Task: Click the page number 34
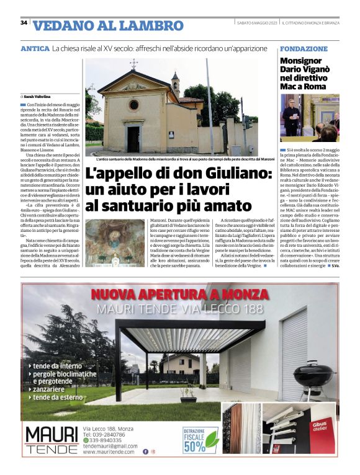pos(24,22)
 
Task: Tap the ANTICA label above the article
pos(35,48)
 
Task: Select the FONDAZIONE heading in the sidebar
pos(304,48)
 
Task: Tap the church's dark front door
pos(133,139)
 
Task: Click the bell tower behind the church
pos(175,87)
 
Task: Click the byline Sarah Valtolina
pos(37,97)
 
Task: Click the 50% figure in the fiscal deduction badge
pos(194,446)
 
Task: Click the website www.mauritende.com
pos(110,451)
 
